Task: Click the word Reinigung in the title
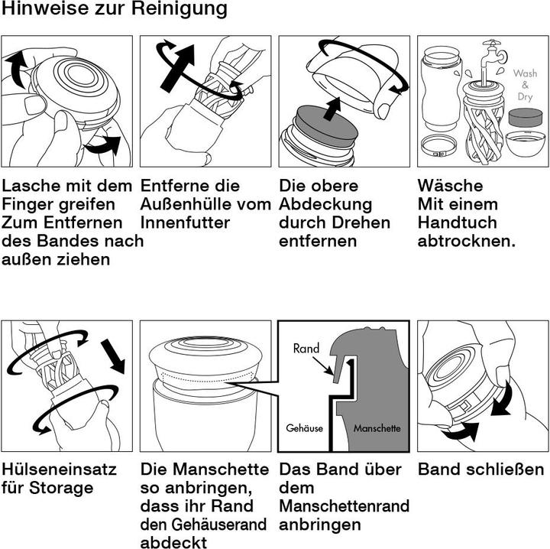point(180,9)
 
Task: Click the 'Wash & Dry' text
point(525,85)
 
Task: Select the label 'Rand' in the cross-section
point(306,348)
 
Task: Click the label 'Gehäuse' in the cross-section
point(305,428)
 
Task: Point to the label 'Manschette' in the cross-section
point(377,428)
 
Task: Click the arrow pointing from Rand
point(322,365)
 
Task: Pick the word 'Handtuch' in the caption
point(458,223)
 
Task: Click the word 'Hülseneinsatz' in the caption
point(59,469)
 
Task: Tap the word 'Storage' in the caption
point(61,489)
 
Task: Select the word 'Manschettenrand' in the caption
point(345,506)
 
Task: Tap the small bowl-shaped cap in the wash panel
point(526,144)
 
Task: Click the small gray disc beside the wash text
point(526,118)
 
